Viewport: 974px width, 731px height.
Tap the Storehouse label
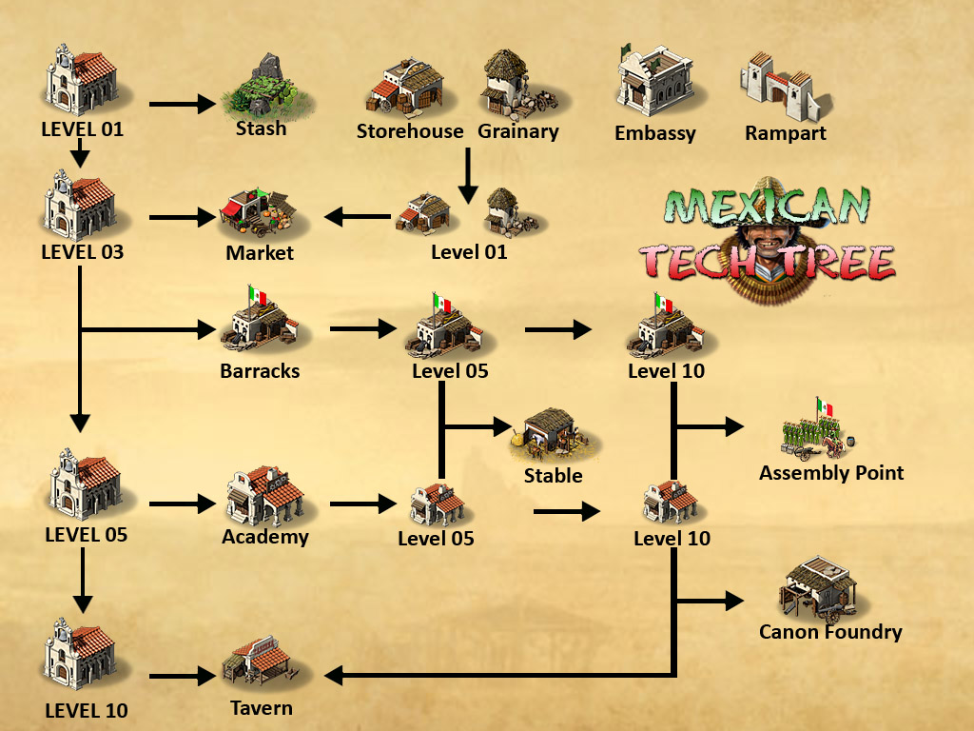(x=410, y=131)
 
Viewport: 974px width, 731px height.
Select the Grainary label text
(x=518, y=131)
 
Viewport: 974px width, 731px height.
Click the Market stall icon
(x=258, y=214)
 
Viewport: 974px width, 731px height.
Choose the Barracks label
(x=260, y=371)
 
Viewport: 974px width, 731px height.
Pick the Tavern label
(x=262, y=708)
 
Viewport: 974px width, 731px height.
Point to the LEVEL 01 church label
(x=83, y=128)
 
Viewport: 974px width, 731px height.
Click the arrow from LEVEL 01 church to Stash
(x=183, y=104)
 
